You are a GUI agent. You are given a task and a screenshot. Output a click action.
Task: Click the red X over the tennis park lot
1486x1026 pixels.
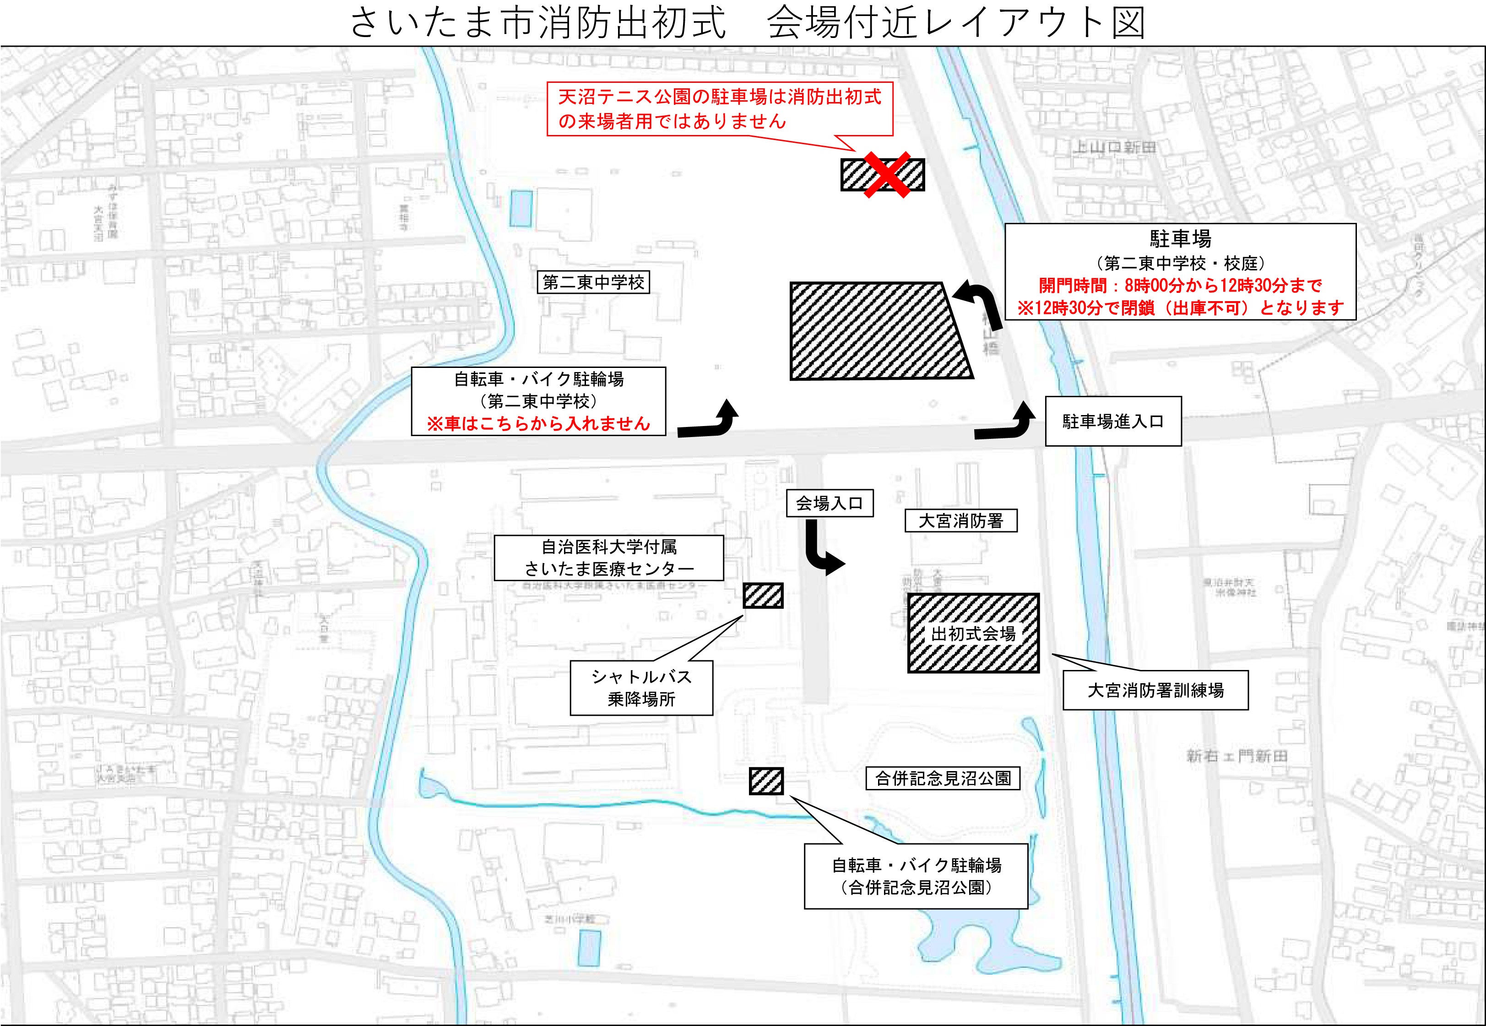pyautogui.click(x=885, y=174)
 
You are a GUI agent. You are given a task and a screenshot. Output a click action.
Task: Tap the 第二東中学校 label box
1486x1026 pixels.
pyautogui.click(x=593, y=282)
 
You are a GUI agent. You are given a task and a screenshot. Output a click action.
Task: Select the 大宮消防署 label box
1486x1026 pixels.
pyautogui.click(x=960, y=521)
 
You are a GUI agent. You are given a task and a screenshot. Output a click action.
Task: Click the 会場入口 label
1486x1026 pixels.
pyautogui.click(x=830, y=503)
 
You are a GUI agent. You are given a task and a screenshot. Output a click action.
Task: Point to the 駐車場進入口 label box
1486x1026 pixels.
pyautogui.click(x=1113, y=422)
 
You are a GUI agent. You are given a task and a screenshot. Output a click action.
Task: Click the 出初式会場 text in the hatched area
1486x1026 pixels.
pyautogui.click(x=973, y=634)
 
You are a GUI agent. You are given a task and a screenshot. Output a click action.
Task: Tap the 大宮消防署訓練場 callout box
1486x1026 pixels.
pyautogui.click(x=1155, y=691)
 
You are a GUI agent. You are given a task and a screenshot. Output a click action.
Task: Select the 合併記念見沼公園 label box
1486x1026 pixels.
pyautogui.click(x=943, y=778)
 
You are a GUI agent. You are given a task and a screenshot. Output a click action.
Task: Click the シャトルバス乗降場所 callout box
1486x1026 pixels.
pyautogui.click(x=641, y=688)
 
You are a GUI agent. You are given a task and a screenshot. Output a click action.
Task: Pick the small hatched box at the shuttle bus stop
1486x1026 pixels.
pyautogui.click(x=763, y=596)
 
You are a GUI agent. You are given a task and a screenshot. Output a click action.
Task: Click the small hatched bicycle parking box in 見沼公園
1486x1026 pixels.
pyautogui.click(x=766, y=781)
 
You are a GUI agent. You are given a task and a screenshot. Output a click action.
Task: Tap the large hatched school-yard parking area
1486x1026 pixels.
pyautogui.click(x=878, y=330)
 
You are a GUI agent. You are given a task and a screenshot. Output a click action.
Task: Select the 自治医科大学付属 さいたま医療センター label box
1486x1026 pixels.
pyautogui.click(x=608, y=558)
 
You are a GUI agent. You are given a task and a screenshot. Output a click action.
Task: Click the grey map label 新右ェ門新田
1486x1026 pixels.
pyautogui.click(x=1237, y=756)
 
